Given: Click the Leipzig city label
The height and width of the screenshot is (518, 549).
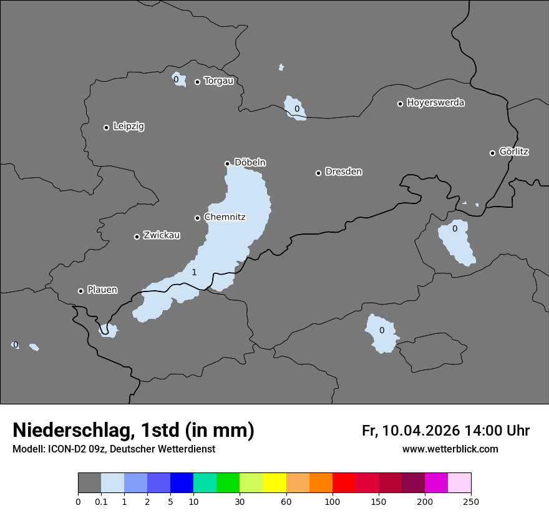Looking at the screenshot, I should click(x=129, y=127).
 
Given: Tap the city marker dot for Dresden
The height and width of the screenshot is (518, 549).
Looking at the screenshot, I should click(x=318, y=173).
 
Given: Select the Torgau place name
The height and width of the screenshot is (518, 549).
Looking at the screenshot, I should click(x=218, y=81).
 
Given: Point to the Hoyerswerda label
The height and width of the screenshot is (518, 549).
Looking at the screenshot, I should click(x=435, y=103).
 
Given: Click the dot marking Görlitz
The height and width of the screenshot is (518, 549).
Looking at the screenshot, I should click(x=492, y=153).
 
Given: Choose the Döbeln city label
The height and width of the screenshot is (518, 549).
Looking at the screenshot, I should click(x=250, y=163).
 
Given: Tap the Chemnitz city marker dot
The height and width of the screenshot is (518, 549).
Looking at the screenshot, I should click(x=198, y=218).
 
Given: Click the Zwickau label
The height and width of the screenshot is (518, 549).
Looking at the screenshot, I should click(x=162, y=236).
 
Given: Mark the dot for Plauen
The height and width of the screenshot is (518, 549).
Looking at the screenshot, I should click(x=80, y=291).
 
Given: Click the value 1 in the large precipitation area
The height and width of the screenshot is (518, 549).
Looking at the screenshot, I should click(x=194, y=273).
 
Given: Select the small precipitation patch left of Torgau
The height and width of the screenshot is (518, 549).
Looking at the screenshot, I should click(x=178, y=80).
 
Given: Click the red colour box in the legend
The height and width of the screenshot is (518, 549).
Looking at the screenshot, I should click(x=344, y=483).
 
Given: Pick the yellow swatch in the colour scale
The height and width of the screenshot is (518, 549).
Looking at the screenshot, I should click(x=274, y=483).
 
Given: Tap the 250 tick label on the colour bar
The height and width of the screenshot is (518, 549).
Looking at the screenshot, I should click(x=471, y=502).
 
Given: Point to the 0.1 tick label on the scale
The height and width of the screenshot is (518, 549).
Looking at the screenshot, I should click(x=101, y=502).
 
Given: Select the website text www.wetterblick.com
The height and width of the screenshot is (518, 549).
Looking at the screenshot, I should click(x=450, y=449).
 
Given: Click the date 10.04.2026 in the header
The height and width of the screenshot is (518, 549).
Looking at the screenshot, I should click(x=421, y=431).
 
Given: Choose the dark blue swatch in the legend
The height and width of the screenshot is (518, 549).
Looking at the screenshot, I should click(x=182, y=483).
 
